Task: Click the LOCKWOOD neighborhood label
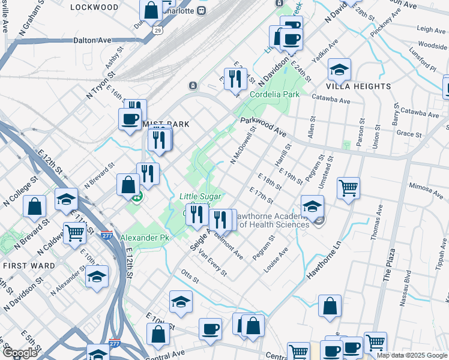click(94, 7)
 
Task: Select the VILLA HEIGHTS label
click(360, 86)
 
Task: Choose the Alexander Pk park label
click(142, 238)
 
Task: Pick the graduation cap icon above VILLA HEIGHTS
click(339, 70)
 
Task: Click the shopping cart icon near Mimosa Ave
click(348, 188)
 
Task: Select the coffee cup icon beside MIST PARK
click(130, 118)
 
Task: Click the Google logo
click(20, 353)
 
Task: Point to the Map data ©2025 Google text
click(412, 355)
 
